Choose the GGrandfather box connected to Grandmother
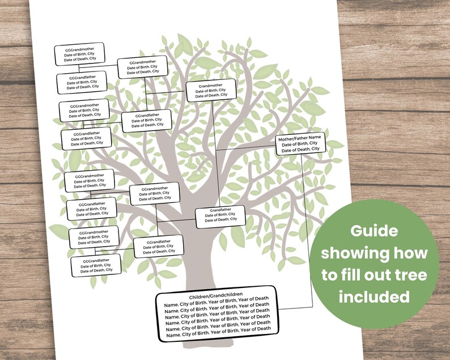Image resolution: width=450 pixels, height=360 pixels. point(146,120)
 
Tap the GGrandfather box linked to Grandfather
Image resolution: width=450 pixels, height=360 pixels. point(158,246)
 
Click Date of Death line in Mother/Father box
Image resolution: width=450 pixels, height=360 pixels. point(300,149)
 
